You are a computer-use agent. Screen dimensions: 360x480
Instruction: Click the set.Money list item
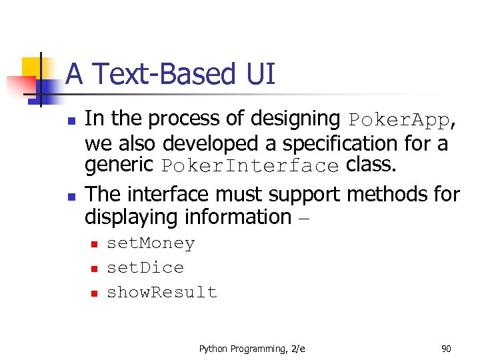coord(151,244)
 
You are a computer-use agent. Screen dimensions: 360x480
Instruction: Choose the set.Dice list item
coord(145,268)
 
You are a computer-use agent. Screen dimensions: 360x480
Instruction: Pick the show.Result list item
coord(162,293)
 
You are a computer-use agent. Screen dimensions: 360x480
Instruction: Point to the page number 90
coord(446,348)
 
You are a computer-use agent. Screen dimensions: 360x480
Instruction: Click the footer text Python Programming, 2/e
coord(252,348)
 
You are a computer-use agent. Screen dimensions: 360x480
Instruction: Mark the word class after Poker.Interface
coord(371,165)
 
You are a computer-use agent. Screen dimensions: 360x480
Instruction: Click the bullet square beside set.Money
coord(94,245)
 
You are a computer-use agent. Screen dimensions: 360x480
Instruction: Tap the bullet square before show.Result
coord(94,293)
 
